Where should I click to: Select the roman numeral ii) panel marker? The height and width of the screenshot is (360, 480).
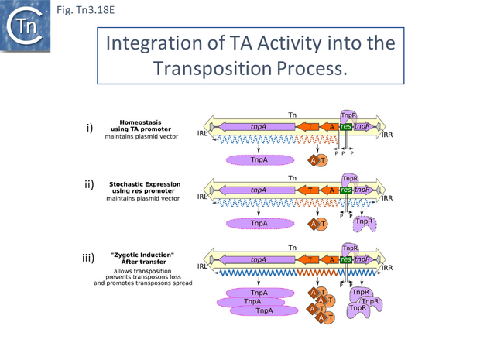(x=90, y=185)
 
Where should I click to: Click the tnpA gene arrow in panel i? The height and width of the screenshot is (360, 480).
(x=259, y=126)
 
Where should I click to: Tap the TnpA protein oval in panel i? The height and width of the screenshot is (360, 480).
(x=260, y=159)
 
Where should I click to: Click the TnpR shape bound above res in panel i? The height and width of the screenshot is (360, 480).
(x=349, y=115)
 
